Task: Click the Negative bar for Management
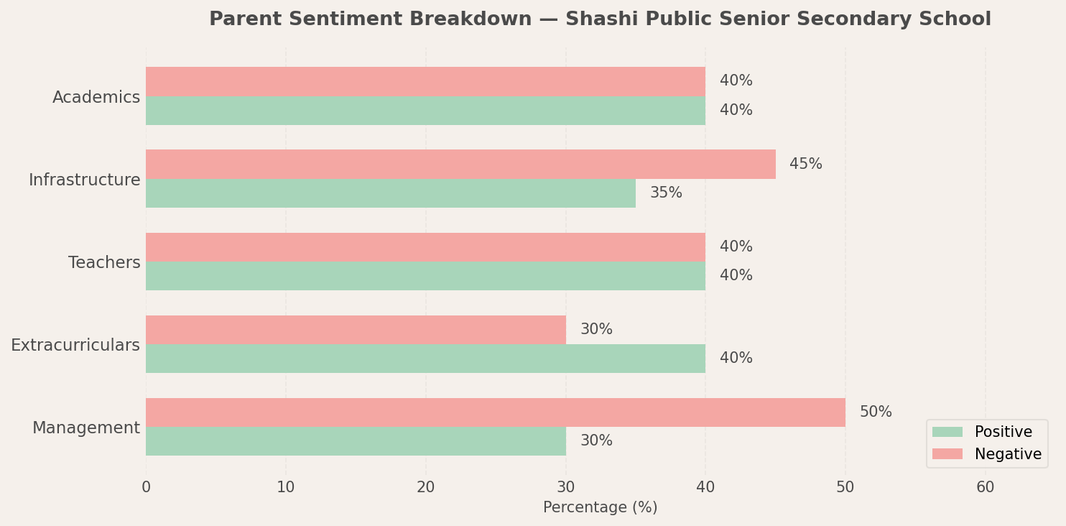(x=496, y=412)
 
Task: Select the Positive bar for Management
(x=356, y=441)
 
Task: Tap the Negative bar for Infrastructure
(x=460, y=165)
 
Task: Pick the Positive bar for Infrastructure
(x=391, y=193)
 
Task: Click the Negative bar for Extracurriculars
(x=356, y=330)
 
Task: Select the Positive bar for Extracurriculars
(x=425, y=359)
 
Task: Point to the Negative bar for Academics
(x=425, y=81)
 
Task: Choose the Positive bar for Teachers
(x=425, y=276)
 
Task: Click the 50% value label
(x=876, y=412)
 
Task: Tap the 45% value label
(x=805, y=165)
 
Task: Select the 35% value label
(x=666, y=193)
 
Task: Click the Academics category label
(x=96, y=98)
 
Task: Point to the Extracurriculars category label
(x=75, y=346)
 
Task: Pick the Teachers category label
(x=104, y=263)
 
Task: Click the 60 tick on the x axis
(x=985, y=487)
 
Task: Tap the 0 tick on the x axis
(x=146, y=487)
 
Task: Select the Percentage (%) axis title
(x=600, y=507)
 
